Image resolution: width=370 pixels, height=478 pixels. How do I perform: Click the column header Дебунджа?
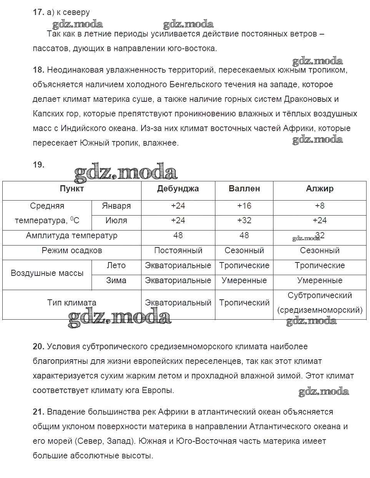pyautogui.click(x=178, y=189)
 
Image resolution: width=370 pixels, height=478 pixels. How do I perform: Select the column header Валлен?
pyautogui.click(x=244, y=189)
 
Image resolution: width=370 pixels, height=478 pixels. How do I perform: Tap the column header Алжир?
pyautogui.click(x=320, y=189)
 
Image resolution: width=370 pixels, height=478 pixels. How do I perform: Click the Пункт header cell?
pyautogui.click(x=72, y=189)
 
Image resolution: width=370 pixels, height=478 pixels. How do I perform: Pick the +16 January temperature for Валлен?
pyautogui.click(x=244, y=206)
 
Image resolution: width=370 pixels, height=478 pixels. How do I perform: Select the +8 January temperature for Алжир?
pyautogui.click(x=320, y=206)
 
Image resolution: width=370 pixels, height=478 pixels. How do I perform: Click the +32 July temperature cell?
pyautogui.click(x=244, y=221)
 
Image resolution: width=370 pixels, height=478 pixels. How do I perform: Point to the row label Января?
pyautogui.click(x=116, y=206)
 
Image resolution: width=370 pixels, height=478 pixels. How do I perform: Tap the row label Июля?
pyautogui.click(x=116, y=221)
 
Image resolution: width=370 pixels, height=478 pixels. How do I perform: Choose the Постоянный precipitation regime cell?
pyautogui.click(x=178, y=251)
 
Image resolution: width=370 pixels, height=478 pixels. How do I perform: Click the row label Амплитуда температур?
pyautogui.click(x=72, y=236)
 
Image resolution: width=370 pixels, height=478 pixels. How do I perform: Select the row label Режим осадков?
pyautogui.click(x=72, y=251)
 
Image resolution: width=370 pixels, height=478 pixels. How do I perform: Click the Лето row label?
pyautogui.click(x=116, y=266)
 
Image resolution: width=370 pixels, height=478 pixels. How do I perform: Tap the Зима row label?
pyautogui.click(x=116, y=280)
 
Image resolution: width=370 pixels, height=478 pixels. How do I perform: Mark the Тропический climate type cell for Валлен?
pyautogui.click(x=244, y=303)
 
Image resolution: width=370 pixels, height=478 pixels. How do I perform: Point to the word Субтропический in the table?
pyautogui.click(x=320, y=295)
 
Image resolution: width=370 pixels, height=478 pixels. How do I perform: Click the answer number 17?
pyautogui.click(x=38, y=12)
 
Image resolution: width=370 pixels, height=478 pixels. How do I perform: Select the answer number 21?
pyautogui.click(x=38, y=412)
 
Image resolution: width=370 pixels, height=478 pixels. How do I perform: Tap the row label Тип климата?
pyautogui.click(x=72, y=303)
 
